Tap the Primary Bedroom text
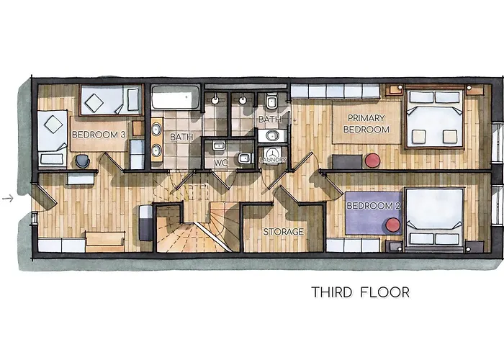click(368, 123)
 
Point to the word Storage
click(283, 232)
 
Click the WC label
click(221, 163)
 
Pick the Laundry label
click(273, 159)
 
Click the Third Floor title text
click(360, 292)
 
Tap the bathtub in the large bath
click(174, 98)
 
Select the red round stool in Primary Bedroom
click(372, 160)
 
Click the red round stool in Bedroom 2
click(394, 225)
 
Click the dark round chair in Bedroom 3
click(82, 160)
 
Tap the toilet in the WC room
click(244, 158)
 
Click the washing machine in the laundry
click(272, 154)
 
